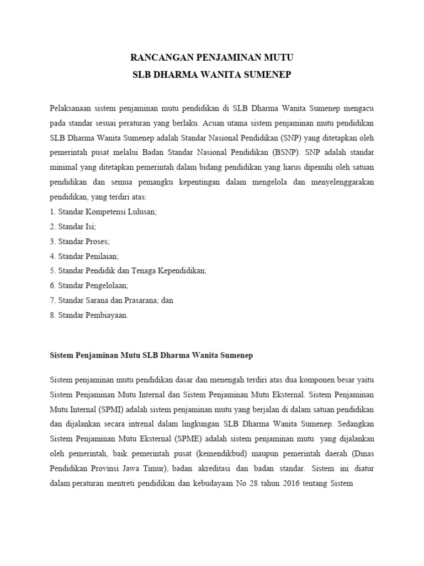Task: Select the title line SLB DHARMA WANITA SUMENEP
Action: (211, 75)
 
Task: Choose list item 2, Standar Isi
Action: (73, 227)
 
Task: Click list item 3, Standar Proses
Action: (80, 242)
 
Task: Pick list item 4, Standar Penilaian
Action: (84, 256)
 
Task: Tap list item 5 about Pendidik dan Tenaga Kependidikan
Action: (128, 271)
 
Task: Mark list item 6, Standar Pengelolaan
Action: (89, 286)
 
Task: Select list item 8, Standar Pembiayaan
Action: (89, 315)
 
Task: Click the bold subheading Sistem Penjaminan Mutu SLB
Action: (151, 356)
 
